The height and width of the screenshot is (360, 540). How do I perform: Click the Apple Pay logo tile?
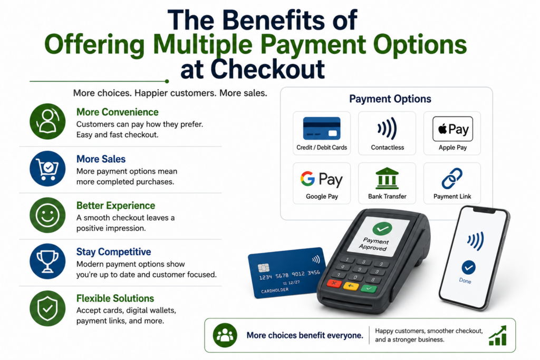point(452,129)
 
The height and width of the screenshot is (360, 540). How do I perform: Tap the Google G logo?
point(307,179)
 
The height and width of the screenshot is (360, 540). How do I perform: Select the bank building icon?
point(387,178)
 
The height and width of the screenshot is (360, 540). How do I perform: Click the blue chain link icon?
point(452,178)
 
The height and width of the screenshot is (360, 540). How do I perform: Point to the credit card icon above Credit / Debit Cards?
point(322,129)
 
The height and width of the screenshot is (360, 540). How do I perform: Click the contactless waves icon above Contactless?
point(387,129)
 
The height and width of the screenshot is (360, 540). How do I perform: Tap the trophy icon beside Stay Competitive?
point(47,261)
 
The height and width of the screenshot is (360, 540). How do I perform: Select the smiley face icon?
point(47,215)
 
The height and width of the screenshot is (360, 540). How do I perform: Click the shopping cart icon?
point(47,169)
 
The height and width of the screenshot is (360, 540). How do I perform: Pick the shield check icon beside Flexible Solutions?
point(47,308)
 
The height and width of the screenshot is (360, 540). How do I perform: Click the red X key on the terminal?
point(334,284)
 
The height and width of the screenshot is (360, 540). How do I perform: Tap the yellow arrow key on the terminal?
point(351,286)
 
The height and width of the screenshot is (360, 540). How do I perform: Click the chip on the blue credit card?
point(264,267)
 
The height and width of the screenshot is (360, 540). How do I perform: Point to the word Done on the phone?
point(465,281)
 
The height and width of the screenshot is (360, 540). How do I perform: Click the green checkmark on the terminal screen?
point(382,228)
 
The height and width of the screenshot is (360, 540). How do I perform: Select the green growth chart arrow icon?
point(498,335)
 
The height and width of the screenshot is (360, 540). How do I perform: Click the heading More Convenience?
point(118,112)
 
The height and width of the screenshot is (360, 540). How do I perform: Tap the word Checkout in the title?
point(267,69)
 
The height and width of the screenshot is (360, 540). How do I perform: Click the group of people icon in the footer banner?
point(225,335)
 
